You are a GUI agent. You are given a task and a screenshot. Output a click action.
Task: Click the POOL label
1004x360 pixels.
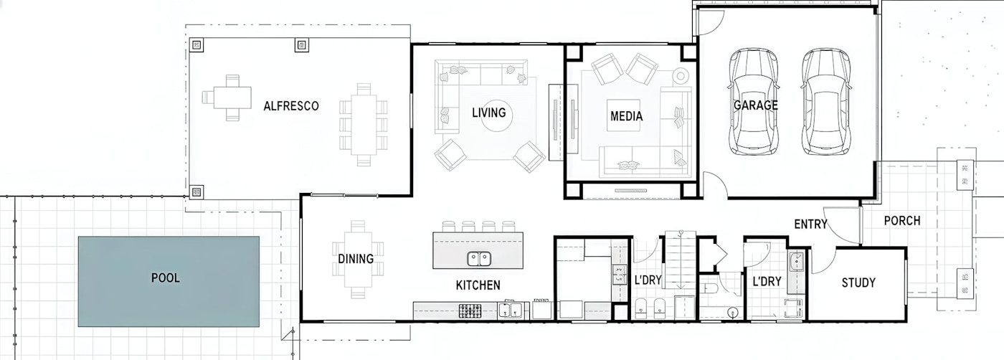(166, 278)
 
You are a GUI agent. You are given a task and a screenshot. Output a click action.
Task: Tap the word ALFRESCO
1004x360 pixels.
(291, 106)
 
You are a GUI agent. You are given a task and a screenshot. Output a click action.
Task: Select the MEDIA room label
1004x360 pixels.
(626, 116)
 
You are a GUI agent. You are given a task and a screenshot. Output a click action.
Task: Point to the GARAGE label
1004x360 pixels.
(756, 105)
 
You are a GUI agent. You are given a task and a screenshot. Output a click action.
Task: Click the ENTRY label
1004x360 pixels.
(810, 224)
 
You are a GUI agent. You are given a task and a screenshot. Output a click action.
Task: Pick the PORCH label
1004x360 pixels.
(902, 221)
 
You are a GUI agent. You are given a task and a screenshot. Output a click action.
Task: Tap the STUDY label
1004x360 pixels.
(858, 283)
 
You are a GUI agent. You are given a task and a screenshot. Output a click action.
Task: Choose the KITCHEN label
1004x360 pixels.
(478, 285)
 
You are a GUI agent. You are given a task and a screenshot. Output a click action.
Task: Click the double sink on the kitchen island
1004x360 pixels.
(479, 259)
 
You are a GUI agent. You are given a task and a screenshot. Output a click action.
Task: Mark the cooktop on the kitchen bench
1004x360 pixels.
(470, 311)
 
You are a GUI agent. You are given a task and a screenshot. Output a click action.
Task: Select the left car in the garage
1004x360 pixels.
(754, 102)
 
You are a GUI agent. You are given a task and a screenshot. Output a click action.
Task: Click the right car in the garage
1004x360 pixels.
(825, 102)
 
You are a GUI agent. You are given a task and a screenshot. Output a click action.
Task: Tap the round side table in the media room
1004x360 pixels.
(680, 75)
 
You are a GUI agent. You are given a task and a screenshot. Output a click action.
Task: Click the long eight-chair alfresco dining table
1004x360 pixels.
(364, 125)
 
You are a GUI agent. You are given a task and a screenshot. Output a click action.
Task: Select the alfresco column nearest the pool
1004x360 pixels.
(196, 192)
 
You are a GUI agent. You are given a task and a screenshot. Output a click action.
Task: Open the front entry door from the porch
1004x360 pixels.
(842, 225)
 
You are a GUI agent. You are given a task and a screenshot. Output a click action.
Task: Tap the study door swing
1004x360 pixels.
(823, 260)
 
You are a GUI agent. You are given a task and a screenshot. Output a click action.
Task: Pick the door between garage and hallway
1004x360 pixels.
(715, 184)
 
